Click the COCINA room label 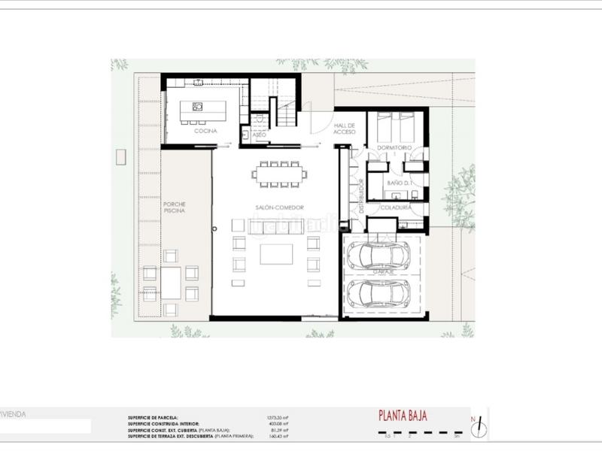tap(205, 132)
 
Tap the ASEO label tap(260, 135)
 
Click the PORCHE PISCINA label tap(175, 207)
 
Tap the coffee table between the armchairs tap(276, 254)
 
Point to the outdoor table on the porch tap(171, 283)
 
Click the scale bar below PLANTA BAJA tap(421, 434)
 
